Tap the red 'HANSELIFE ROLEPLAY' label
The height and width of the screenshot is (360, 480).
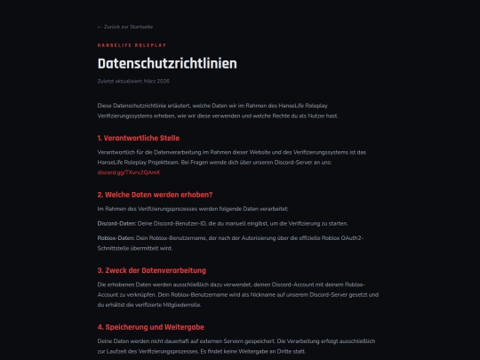(132, 44)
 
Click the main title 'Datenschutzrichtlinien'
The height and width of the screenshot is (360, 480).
(167, 63)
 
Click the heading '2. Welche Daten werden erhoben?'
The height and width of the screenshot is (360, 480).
(156, 194)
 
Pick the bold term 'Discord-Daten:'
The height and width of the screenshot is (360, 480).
(115, 223)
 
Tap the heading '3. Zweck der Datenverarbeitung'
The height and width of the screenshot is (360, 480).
(152, 269)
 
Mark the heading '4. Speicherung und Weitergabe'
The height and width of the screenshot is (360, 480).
(150, 326)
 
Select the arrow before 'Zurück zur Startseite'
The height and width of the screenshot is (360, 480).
(100, 27)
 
